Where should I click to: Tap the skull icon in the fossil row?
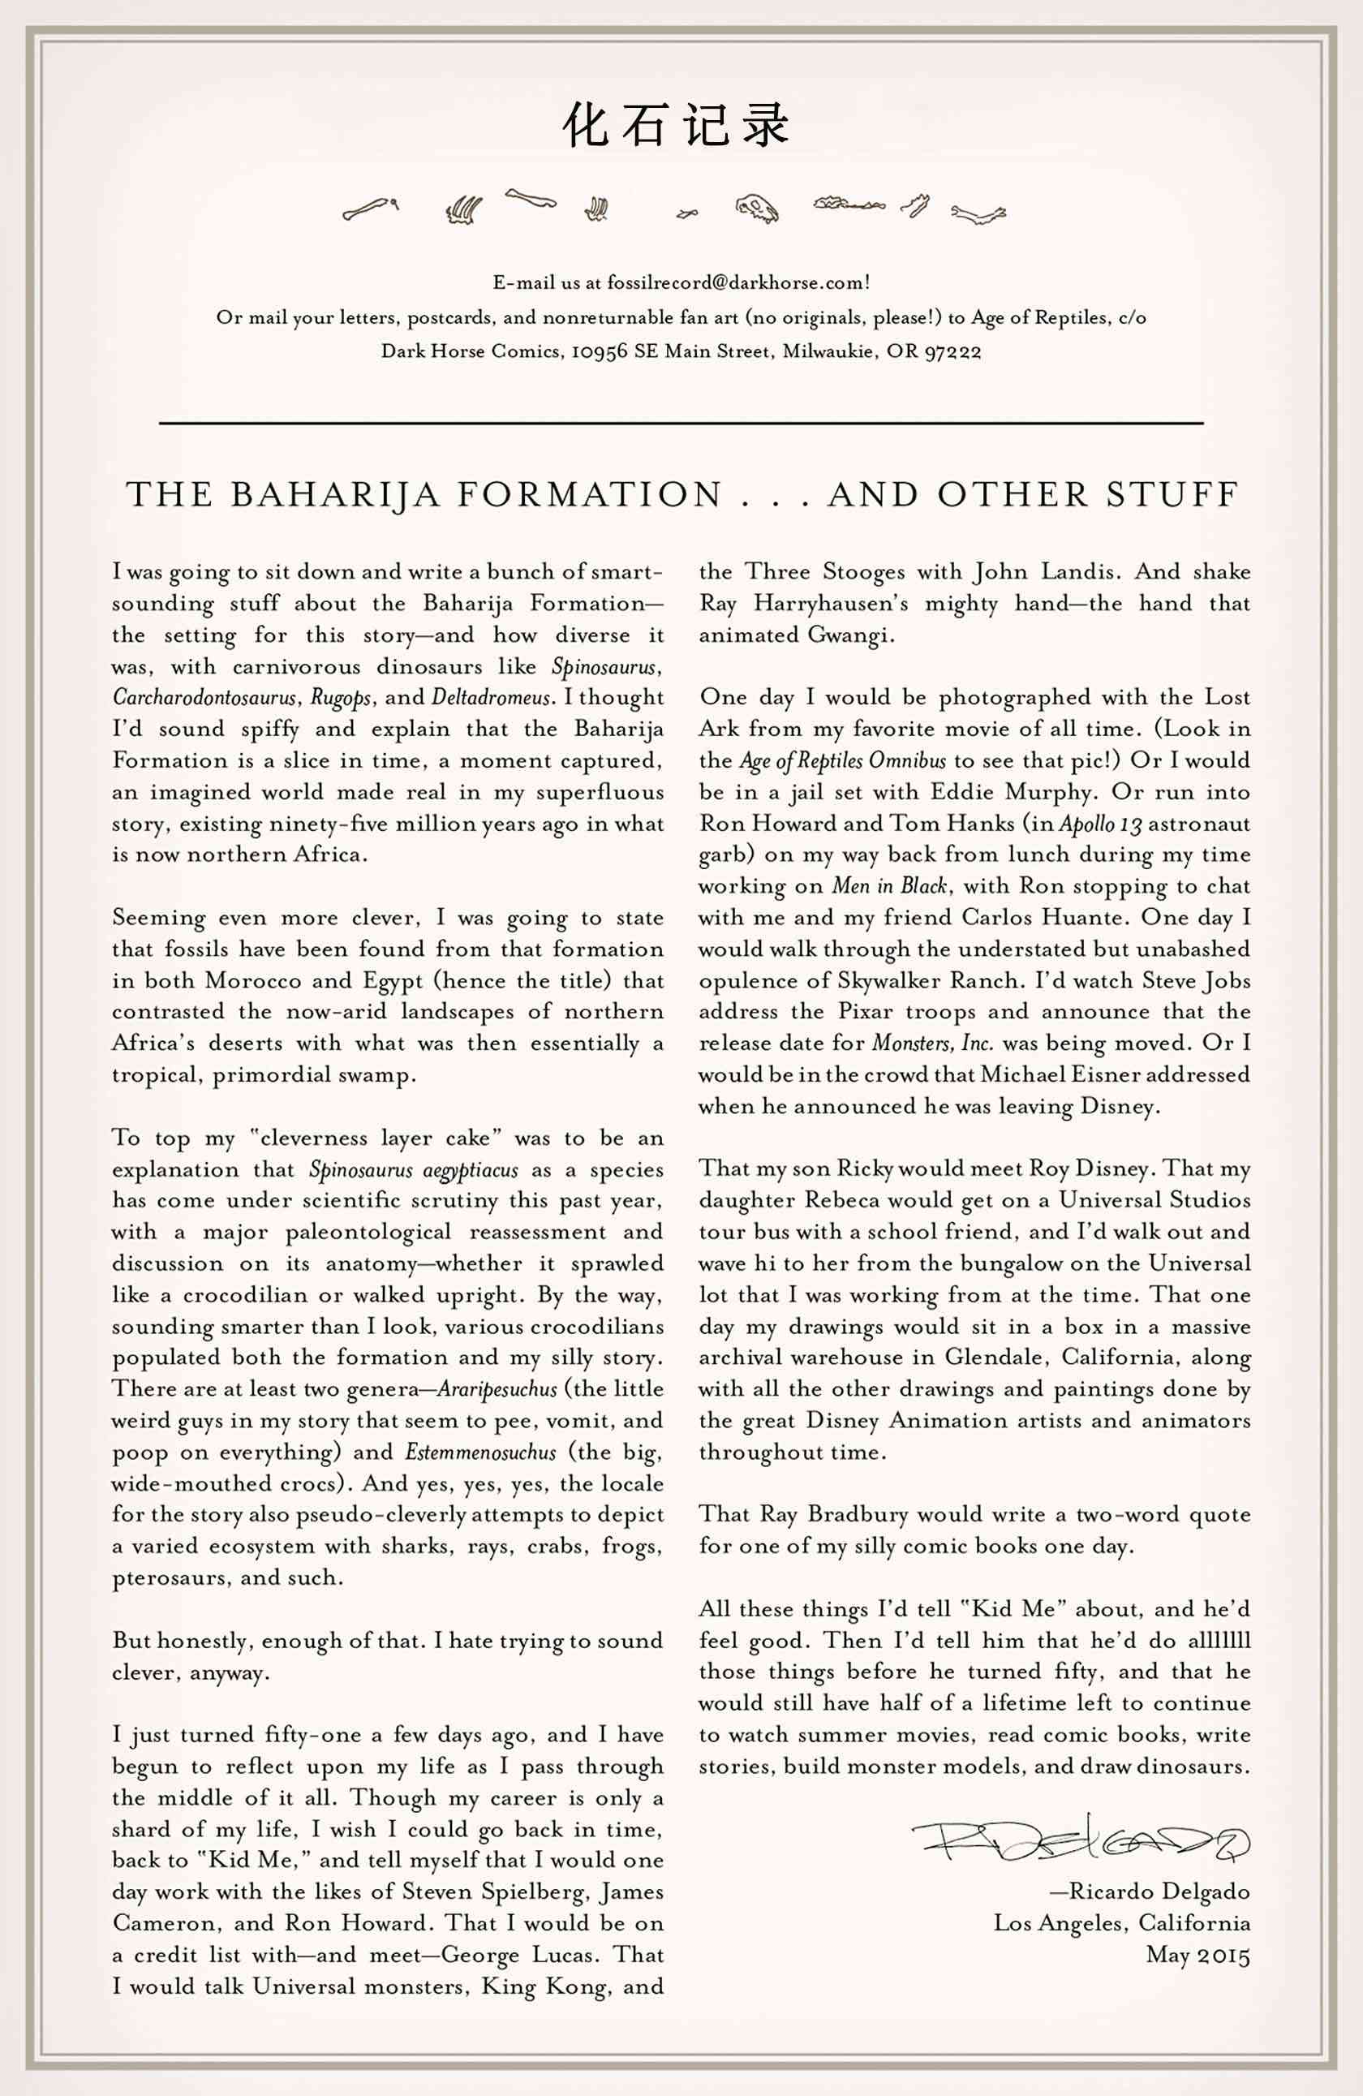pos(757,209)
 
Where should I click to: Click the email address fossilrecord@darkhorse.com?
pos(735,282)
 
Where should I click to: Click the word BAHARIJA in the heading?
pos(334,495)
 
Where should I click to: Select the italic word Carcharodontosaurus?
pos(204,699)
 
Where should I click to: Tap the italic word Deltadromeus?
pos(492,698)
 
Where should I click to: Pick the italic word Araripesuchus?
pos(497,1390)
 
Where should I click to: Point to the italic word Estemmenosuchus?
pos(481,1453)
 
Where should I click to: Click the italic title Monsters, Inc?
pos(932,1044)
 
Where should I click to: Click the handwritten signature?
pos(1081,1840)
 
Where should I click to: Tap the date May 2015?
pos(1197,1955)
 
